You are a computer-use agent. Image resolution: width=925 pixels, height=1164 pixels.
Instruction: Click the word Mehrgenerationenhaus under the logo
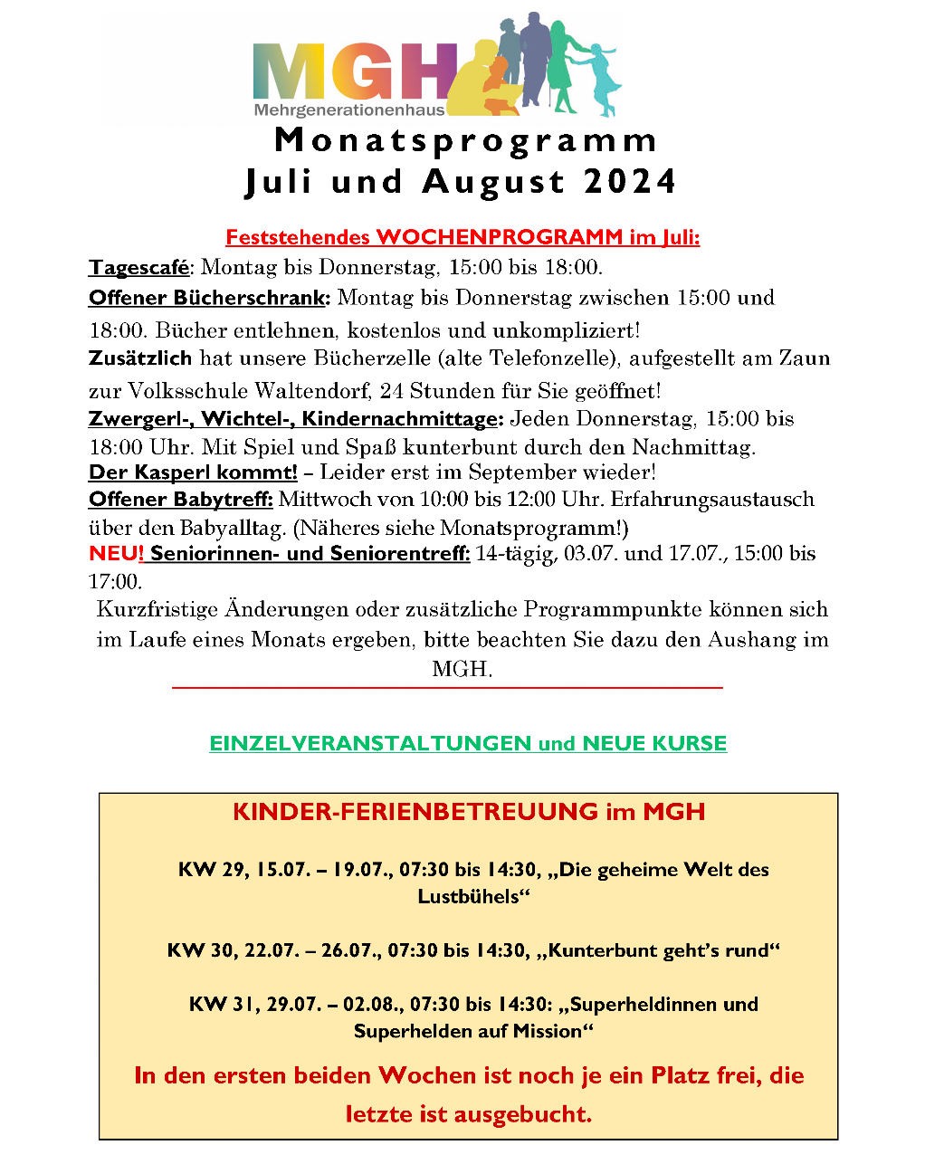[349, 110]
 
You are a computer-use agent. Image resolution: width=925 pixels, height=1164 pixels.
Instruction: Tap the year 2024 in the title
[630, 182]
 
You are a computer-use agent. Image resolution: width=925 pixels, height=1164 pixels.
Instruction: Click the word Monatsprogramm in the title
[466, 140]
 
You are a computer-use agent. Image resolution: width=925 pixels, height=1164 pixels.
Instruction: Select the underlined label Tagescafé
[139, 267]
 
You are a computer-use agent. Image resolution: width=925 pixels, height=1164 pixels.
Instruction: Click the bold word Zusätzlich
[140, 358]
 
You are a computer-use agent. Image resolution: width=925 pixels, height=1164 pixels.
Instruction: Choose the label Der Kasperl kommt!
[193, 472]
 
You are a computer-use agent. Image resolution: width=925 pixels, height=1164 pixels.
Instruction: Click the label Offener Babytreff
[181, 500]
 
